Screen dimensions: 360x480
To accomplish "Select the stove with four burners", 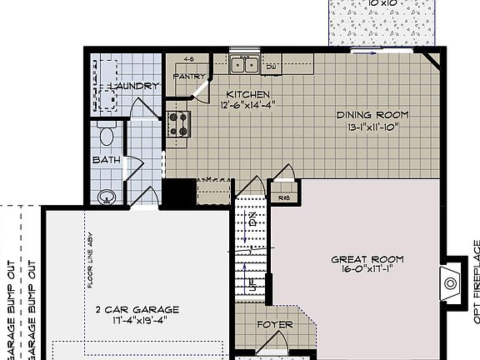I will [x=178, y=123].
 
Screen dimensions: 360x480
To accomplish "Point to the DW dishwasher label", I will [x=272, y=67].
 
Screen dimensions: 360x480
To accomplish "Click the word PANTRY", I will [x=188, y=76].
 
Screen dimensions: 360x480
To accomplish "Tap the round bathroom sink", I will [x=105, y=197].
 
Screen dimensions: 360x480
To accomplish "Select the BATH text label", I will [x=106, y=159].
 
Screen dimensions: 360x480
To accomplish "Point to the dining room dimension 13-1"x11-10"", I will [x=369, y=127].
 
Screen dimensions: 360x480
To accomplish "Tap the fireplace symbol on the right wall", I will [x=451, y=282].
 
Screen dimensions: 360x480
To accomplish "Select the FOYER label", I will [x=275, y=324].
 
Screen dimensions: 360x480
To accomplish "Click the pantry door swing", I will [x=199, y=89].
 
